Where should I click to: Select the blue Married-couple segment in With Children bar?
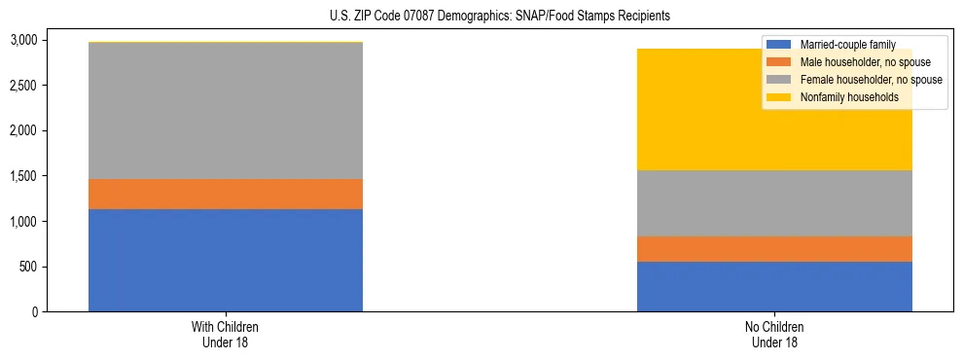(226, 260)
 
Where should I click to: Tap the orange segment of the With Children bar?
(226, 194)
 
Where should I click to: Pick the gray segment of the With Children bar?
(226, 111)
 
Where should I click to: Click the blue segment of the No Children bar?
(774, 286)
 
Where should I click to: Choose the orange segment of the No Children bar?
(774, 249)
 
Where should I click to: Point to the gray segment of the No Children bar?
(774, 203)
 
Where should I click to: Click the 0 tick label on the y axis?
(34, 312)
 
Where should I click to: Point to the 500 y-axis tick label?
(28, 267)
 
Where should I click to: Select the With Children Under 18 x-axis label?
(226, 335)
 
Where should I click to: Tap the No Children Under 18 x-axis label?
(774, 335)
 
